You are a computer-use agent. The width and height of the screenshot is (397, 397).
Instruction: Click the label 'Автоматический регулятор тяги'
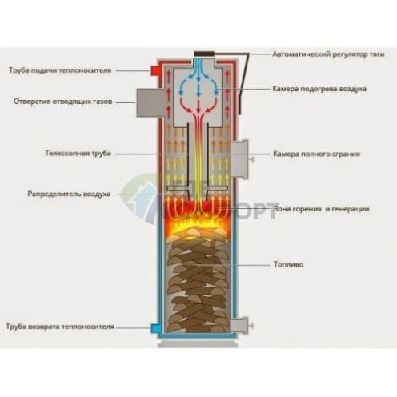(328, 54)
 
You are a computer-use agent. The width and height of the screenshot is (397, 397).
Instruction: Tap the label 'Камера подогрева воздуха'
(319, 89)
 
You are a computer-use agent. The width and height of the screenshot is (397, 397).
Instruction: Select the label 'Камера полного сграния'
(317, 154)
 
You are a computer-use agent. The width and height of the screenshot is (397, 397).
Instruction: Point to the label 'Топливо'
(289, 264)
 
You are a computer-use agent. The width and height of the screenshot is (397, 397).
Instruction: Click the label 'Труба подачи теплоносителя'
(60, 70)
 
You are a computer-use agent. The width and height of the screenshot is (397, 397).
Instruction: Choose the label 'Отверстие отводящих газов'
(63, 102)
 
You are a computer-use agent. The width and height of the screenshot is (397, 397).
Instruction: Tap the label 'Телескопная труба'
(78, 154)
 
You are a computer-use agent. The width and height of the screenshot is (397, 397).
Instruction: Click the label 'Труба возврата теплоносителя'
(60, 327)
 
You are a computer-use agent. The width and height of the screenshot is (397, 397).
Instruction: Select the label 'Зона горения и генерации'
(322, 209)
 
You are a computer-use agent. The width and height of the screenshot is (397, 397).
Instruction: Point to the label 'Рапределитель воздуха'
(69, 194)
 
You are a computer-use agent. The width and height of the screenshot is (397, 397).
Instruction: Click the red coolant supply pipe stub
(155, 70)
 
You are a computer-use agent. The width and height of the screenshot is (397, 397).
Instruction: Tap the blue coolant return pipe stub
(154, 328)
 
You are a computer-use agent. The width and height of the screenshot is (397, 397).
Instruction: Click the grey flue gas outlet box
(148, 103)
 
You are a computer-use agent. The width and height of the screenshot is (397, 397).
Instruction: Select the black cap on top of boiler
(204, 54)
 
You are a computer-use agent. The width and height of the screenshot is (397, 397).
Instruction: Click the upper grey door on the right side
(240, 159)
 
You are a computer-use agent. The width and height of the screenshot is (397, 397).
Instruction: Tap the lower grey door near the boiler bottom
(239, 326)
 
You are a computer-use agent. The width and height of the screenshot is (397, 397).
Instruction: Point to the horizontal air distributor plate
(197, 188)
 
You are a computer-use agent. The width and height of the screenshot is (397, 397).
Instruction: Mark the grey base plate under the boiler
(198, 345)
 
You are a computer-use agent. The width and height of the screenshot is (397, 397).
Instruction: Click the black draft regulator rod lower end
(240, 114)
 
